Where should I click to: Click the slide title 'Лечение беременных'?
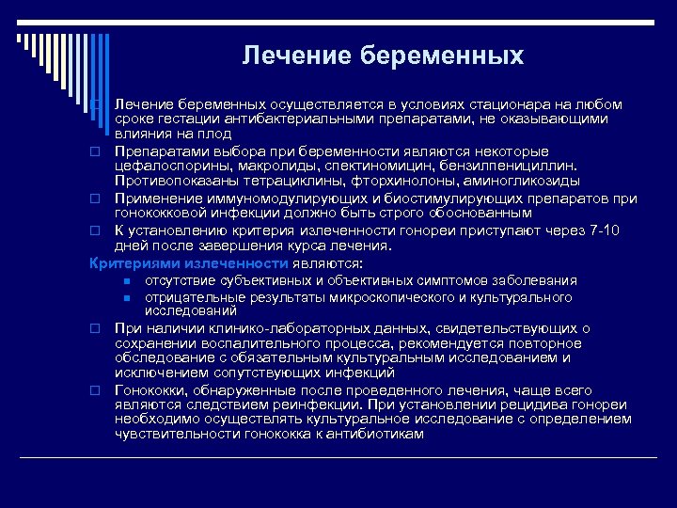(x=382, y=56)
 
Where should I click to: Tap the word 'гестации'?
(x=181, y=119)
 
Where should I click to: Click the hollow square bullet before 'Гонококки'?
(x=95, y=389)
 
